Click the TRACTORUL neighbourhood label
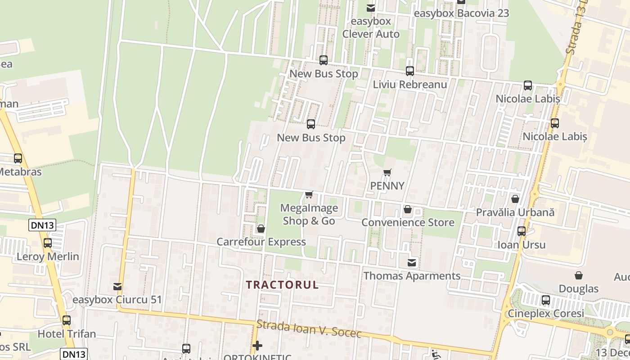282,285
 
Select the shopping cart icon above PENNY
387,172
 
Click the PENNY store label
387,186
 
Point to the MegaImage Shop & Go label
309,214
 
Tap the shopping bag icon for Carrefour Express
261,229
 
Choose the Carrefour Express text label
261,242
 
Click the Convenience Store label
408,222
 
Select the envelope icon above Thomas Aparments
412,262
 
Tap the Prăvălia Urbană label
515,212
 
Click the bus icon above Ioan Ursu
522,231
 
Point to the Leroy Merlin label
48,256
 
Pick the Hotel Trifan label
67,334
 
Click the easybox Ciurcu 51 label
117,300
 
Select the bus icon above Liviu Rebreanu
409,71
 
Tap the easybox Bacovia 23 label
461,13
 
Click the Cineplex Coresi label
546,313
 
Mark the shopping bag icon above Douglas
579,275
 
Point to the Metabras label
20,172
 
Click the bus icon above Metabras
18,158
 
